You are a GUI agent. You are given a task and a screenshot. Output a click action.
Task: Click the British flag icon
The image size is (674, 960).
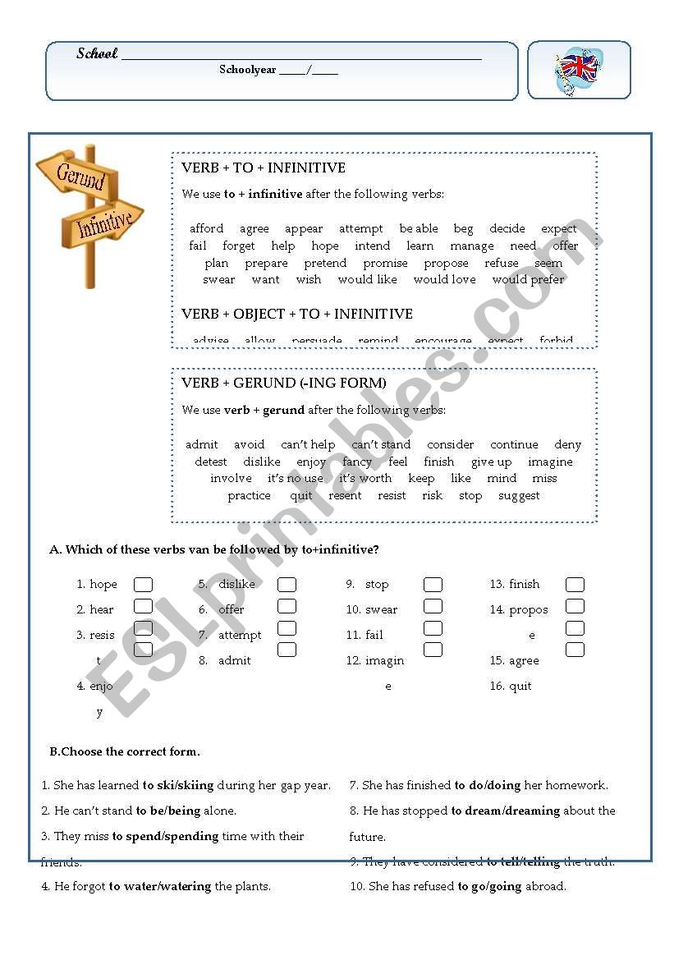point(578,69)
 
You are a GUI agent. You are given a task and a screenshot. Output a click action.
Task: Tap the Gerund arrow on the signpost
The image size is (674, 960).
point(79,176)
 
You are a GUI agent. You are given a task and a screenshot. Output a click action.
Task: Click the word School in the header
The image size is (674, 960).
point(97,54)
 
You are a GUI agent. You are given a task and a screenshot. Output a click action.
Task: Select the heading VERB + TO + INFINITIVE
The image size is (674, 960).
point(264,168)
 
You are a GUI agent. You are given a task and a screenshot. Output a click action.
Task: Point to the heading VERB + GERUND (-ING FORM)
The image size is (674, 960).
point(284,383)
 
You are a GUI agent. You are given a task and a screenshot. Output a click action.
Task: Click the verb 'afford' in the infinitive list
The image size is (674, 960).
point(206,229)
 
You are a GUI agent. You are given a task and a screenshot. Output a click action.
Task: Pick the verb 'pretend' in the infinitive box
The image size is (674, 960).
point(325,264)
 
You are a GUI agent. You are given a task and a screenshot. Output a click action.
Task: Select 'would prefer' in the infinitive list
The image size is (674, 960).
point(529,280)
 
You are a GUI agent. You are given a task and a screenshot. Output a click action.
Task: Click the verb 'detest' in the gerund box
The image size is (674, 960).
point(210,462)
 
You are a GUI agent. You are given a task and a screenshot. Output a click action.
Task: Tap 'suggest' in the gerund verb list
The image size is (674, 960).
point(519,496)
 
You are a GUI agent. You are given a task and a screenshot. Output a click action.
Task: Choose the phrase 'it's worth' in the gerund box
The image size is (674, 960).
point(365,479)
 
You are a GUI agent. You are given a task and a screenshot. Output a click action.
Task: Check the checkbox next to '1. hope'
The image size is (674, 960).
point(144,585)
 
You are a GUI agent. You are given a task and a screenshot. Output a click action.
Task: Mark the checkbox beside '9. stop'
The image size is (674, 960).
point(433,585)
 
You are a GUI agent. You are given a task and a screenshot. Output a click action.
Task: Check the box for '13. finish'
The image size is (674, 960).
point(575,585)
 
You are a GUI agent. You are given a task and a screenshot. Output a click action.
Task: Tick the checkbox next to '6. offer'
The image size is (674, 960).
point(287,607)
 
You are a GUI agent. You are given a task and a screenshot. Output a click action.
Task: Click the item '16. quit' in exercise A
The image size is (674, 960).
point(511,687)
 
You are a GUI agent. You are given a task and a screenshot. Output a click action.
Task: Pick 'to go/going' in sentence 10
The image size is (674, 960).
point(489,887)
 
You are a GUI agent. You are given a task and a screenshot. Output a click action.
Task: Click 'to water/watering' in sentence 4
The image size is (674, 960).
point(160,887)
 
